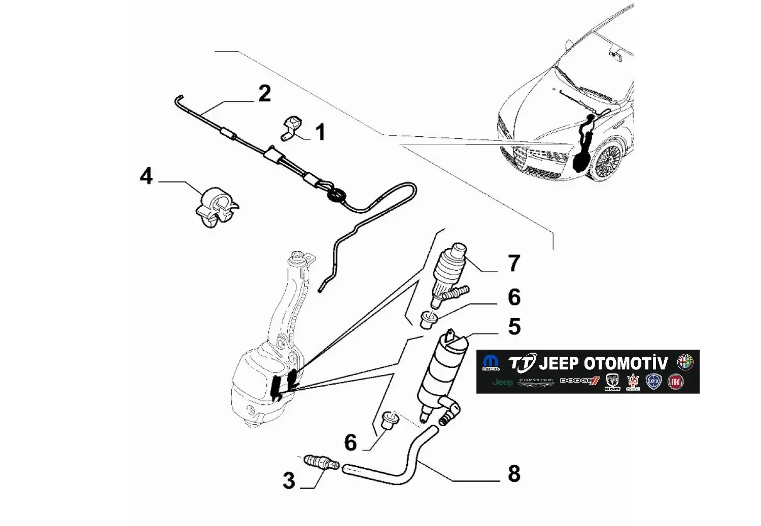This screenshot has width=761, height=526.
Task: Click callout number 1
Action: pyautogui.click(x=320, y=133)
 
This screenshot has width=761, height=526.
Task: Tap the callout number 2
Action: pyautogui.click(x=264, y=94)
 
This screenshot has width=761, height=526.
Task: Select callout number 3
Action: pyautogui.click(x=289, y=480)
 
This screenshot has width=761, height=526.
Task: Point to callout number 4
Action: pyautogui.click(x=146, y=176)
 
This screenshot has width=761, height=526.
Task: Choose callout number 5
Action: pyautogui.click(x=514, y=327)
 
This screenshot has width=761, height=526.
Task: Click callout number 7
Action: pyautogui.click(x=514, y=264)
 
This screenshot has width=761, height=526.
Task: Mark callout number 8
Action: pyautogui.click(x=514, y=474)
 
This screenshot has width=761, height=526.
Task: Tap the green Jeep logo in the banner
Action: pyautogui.click(x=502, y=382)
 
